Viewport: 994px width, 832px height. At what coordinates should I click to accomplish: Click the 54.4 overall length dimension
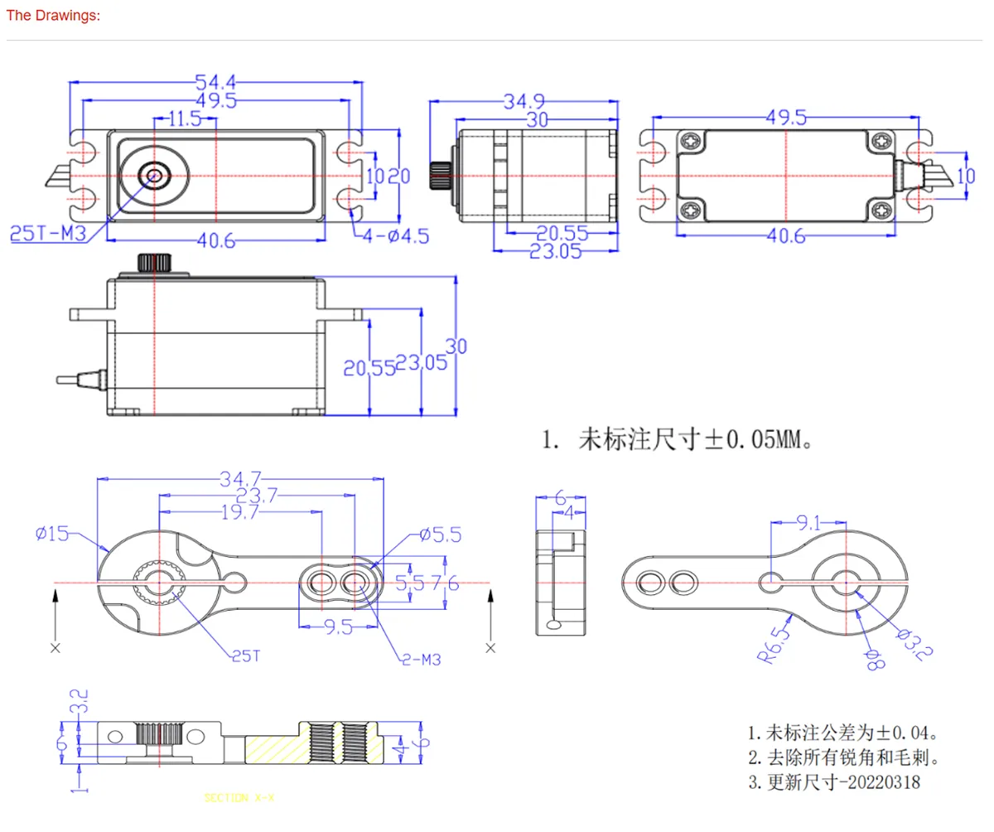[x=215, y=82]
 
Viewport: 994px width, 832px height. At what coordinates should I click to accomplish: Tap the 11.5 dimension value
[x=184, y=119]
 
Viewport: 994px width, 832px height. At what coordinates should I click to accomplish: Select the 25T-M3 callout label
[x=47, y=234]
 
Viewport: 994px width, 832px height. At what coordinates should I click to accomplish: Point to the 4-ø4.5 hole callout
[x=396, y=236]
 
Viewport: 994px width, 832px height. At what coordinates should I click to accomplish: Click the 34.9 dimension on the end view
[x=524, y=102]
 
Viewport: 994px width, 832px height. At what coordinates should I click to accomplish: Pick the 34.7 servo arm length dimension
[x=241, y=479]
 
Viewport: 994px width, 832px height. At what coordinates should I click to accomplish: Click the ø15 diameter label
[x=53, y=534]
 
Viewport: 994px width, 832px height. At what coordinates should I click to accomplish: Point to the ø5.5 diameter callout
[x=440, y=535]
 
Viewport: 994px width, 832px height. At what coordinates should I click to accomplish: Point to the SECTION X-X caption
[x=239, y=798]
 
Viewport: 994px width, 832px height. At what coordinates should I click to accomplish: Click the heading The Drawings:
[x=53, y=17]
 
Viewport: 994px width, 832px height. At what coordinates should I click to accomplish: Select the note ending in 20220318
[x=835, y=782]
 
